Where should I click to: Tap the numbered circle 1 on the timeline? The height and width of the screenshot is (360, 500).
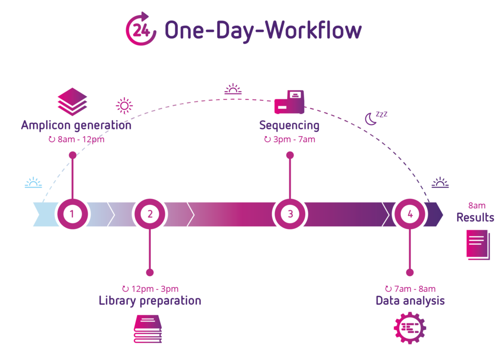(72, 214)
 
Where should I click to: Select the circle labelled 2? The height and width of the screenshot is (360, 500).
(150, 214)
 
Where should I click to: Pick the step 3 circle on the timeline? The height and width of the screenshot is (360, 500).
(290, 214)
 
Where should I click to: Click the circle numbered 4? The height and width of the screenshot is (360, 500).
(410, 214)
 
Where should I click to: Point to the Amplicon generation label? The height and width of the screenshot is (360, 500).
(76, 125)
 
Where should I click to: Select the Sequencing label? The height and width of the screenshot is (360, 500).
(290, 125)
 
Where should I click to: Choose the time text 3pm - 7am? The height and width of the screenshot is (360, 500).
(290, 140)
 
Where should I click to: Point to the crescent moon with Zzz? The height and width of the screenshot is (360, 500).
(376, 118)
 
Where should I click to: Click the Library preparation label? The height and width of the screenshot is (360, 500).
(150, 300)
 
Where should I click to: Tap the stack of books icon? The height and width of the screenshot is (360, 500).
(148, 329)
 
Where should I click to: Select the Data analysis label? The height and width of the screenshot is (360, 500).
(410, 300)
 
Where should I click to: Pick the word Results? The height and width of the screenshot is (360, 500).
(475, 218)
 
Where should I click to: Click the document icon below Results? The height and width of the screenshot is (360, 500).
(478, 244)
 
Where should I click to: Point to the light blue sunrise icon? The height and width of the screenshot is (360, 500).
(34, 183)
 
